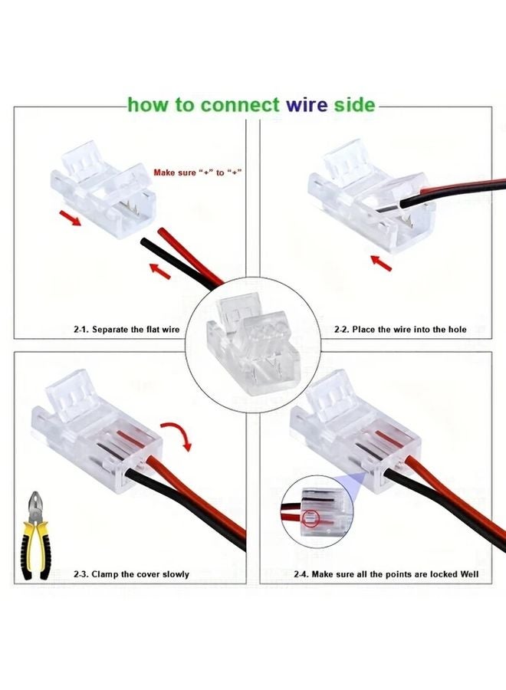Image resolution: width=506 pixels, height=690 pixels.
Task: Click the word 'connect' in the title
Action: point(238,105)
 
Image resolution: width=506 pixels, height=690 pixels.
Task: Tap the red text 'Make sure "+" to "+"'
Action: point(198,172)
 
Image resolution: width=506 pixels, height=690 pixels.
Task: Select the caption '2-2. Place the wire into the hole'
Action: point(399,329)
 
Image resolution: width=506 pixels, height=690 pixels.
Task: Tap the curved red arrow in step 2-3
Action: point(177,433)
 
